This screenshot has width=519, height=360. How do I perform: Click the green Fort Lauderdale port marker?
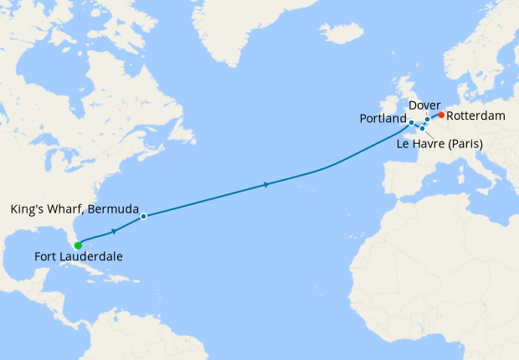click(x=78, y=245)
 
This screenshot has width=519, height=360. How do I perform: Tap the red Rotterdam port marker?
click(x=440, y=115)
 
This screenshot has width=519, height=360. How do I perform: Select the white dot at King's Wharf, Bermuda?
click(x=144, y=216)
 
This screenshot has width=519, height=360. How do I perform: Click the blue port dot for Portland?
click(x=411, y=123)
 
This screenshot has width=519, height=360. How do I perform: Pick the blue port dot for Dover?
click(x=427, y=119)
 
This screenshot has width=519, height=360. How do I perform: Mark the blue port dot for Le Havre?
click(x=422, y=128)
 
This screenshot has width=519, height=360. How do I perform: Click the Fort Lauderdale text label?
click(x=79, y=257)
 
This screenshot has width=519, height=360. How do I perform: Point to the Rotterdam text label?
click(x=476, y=116)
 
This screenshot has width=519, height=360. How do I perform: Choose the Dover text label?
click(x=425, y=105)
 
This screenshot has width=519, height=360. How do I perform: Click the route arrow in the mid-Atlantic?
click(x=266, y=184)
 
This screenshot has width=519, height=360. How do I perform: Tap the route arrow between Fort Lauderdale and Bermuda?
click(x=113, y=229)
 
